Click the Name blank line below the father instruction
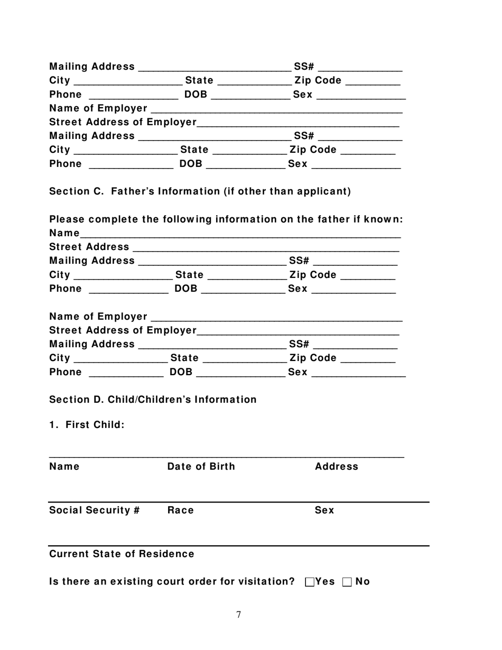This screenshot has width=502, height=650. pyautogui.click(x=240, y=234)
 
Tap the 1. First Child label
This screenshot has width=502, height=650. pyautogui.click(x=87, y=425)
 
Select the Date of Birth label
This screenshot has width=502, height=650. pyautogui.click(x=201, y=467)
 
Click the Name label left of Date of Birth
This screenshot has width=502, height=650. pyautogui.click(x=64, y=467)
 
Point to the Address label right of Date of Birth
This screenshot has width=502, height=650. pyautogui.click(x=336, y=467)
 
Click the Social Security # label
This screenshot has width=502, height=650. pyautogui.click(x=94, y=510)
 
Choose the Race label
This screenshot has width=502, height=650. pyautogui.click(x=180, y=510)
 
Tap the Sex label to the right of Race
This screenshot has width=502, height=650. pyautogui.click(x=324, y=510)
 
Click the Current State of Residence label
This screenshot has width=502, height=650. pyautogui.click(x=122, y=554)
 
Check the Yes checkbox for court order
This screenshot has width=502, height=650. pyautogui.click(x=310, y=582)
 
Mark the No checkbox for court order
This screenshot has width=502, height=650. pyautogui.click(x=347, y=582)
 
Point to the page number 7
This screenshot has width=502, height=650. pyautogui.click(x=239, y=615)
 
